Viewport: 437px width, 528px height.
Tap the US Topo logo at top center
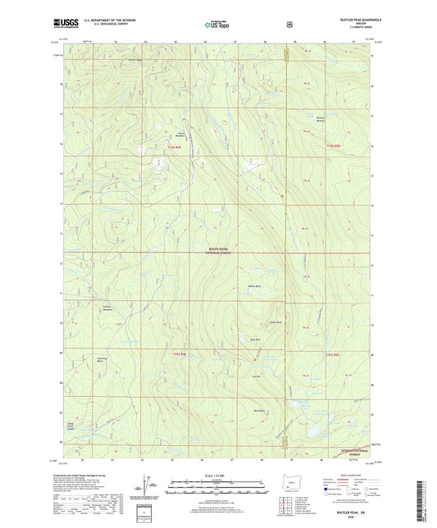click(217, 25)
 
